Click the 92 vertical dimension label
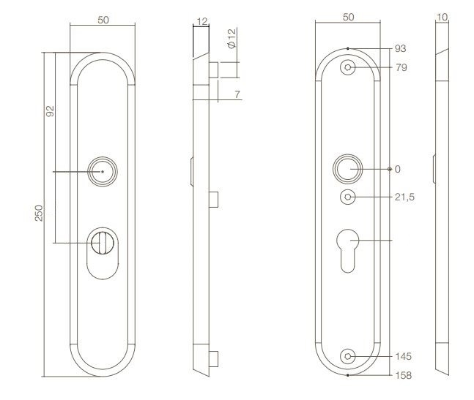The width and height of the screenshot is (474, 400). click(x=50, y=112)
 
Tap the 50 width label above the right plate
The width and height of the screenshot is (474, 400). click(x=348, y=15)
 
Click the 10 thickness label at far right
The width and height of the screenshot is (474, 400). click(x=442, y=15)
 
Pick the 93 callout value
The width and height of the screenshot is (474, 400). click(x=400, y=48)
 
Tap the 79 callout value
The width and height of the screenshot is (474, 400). click(x=400, y=68)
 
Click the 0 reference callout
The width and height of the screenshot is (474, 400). click(x=398, y=169)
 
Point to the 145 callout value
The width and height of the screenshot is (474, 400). click(x=402, y=356)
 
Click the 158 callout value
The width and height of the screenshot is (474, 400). click(x=403, y=375)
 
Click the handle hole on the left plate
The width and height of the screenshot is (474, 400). click(x=102, y=171)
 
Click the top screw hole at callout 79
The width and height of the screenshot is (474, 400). click(x=348, y=67)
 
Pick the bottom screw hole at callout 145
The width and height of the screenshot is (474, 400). click(x=348, y=356)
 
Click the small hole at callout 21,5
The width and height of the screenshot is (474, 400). click(x=348, y=197)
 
